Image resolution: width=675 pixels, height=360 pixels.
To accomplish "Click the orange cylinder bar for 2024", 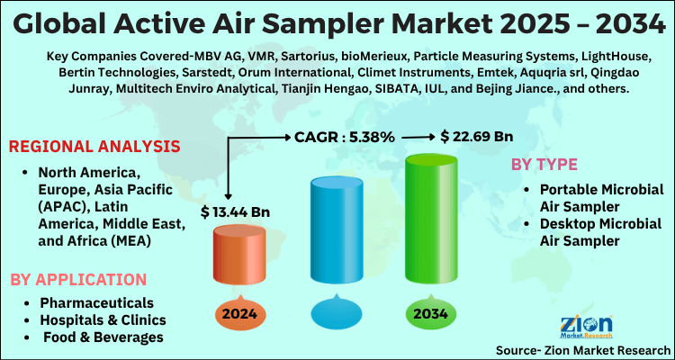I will tap(238, 263).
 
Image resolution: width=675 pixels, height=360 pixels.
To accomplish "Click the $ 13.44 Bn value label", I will tap(237, 212).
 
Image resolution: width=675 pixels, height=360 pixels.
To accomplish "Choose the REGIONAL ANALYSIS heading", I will tap(95, 146).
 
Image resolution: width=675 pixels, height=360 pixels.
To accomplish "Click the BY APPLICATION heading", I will tap(78, 279).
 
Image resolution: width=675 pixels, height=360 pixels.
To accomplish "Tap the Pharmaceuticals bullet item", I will tap(95, 302).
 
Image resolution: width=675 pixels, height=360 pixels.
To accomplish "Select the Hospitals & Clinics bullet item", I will tap(103, 319).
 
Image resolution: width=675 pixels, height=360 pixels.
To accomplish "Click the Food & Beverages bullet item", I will tap(101, 337).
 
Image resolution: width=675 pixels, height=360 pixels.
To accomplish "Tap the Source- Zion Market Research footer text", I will tap(582, 349).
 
